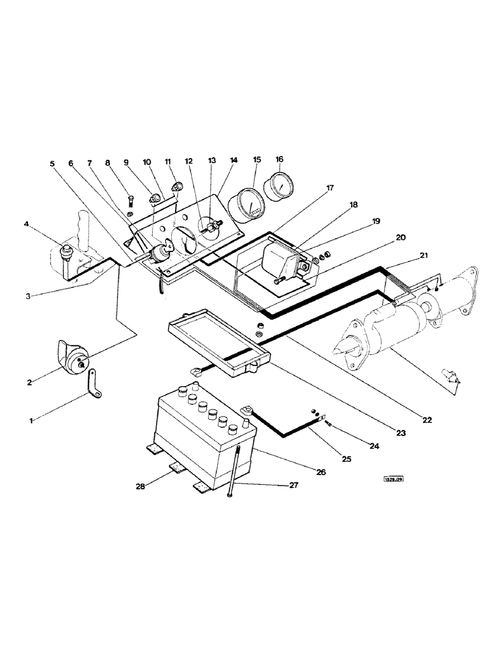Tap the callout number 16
pos(280,159)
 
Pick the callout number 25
pos(346,460)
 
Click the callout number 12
pos(189,160)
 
